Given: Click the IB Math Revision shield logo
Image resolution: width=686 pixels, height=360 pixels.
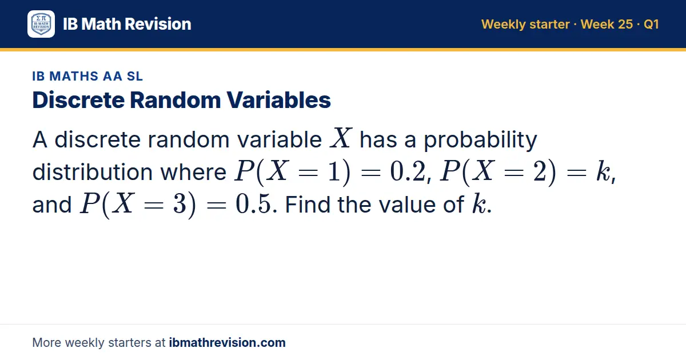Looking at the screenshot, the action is (41, 24).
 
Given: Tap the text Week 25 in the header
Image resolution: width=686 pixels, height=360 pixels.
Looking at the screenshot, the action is (607, 24).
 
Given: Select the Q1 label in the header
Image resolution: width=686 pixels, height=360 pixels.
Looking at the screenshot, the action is (651, 24).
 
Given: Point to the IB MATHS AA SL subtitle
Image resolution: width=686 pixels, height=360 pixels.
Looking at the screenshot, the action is (87, 76).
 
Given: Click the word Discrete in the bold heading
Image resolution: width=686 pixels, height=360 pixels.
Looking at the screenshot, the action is (78, 100).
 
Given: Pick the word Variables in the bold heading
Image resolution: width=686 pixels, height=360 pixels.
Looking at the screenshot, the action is (279, 100).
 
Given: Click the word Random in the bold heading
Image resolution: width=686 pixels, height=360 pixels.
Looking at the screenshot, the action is (175, 100).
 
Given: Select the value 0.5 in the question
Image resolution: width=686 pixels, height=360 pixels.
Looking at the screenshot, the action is (254, 204).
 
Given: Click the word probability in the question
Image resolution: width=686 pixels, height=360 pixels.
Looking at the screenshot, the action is (481, 139).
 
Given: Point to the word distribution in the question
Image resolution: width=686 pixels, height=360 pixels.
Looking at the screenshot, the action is (93, 172).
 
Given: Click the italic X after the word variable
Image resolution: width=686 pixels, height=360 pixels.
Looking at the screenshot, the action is (341, 138).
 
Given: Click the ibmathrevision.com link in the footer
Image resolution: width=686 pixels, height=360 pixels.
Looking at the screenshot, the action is (228, 342).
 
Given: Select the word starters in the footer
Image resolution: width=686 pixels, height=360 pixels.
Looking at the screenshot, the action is (130, 343).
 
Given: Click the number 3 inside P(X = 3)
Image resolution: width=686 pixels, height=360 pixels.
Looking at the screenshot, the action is (180, 204).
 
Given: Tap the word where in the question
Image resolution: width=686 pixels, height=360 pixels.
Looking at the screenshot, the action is (193, 172).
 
